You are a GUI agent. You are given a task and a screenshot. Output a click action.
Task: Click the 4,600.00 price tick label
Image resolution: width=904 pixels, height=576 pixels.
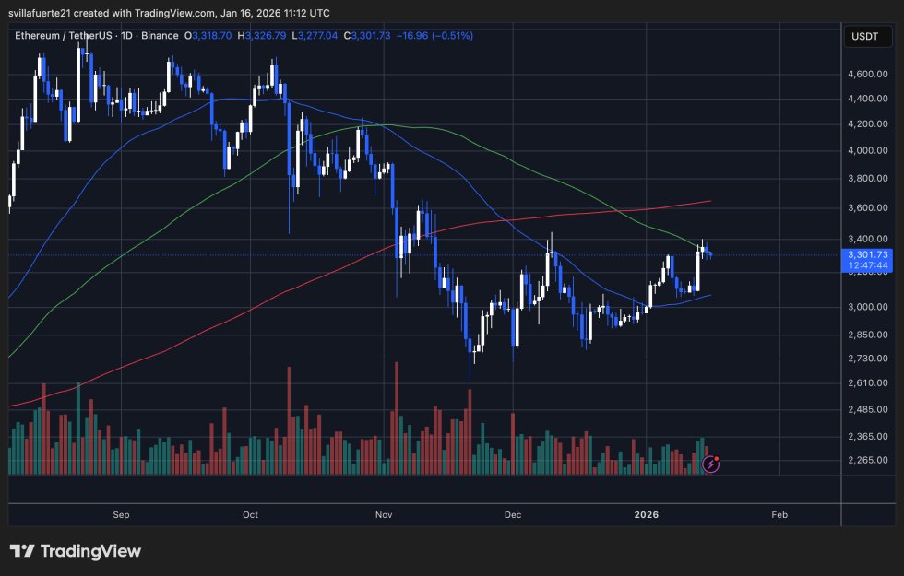[869, 74]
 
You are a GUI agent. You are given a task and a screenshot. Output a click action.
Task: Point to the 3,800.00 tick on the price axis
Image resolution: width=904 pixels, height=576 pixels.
[869, 179]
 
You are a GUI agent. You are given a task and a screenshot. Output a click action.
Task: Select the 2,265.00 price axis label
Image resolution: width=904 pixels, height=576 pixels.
[869, 461]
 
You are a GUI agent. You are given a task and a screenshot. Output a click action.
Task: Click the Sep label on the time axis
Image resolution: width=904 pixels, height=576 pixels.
[120, 515]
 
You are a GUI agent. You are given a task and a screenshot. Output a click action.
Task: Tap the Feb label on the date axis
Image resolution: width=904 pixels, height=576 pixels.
[779, 515]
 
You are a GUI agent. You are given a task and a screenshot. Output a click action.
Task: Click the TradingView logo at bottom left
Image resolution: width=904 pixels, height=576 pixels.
[76, 551]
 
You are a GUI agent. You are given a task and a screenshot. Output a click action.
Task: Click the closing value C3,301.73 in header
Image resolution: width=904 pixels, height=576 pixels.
[374, 35]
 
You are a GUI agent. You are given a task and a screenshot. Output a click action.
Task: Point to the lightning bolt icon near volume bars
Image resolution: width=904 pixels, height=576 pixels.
[711, 464]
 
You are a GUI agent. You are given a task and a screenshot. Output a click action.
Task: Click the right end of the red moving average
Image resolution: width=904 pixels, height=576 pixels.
[709, 201]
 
